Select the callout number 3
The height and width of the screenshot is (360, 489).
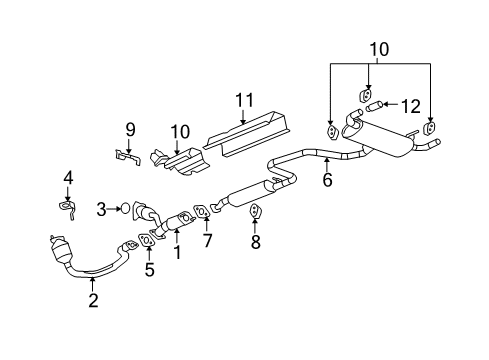point(101,209)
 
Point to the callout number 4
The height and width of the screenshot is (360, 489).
point(67,179)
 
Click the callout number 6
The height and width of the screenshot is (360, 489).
point(326,180)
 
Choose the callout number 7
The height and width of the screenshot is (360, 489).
point(207,240)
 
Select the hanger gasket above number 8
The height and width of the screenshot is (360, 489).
point(254,212)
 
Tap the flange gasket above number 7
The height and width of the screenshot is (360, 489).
point(202,212)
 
